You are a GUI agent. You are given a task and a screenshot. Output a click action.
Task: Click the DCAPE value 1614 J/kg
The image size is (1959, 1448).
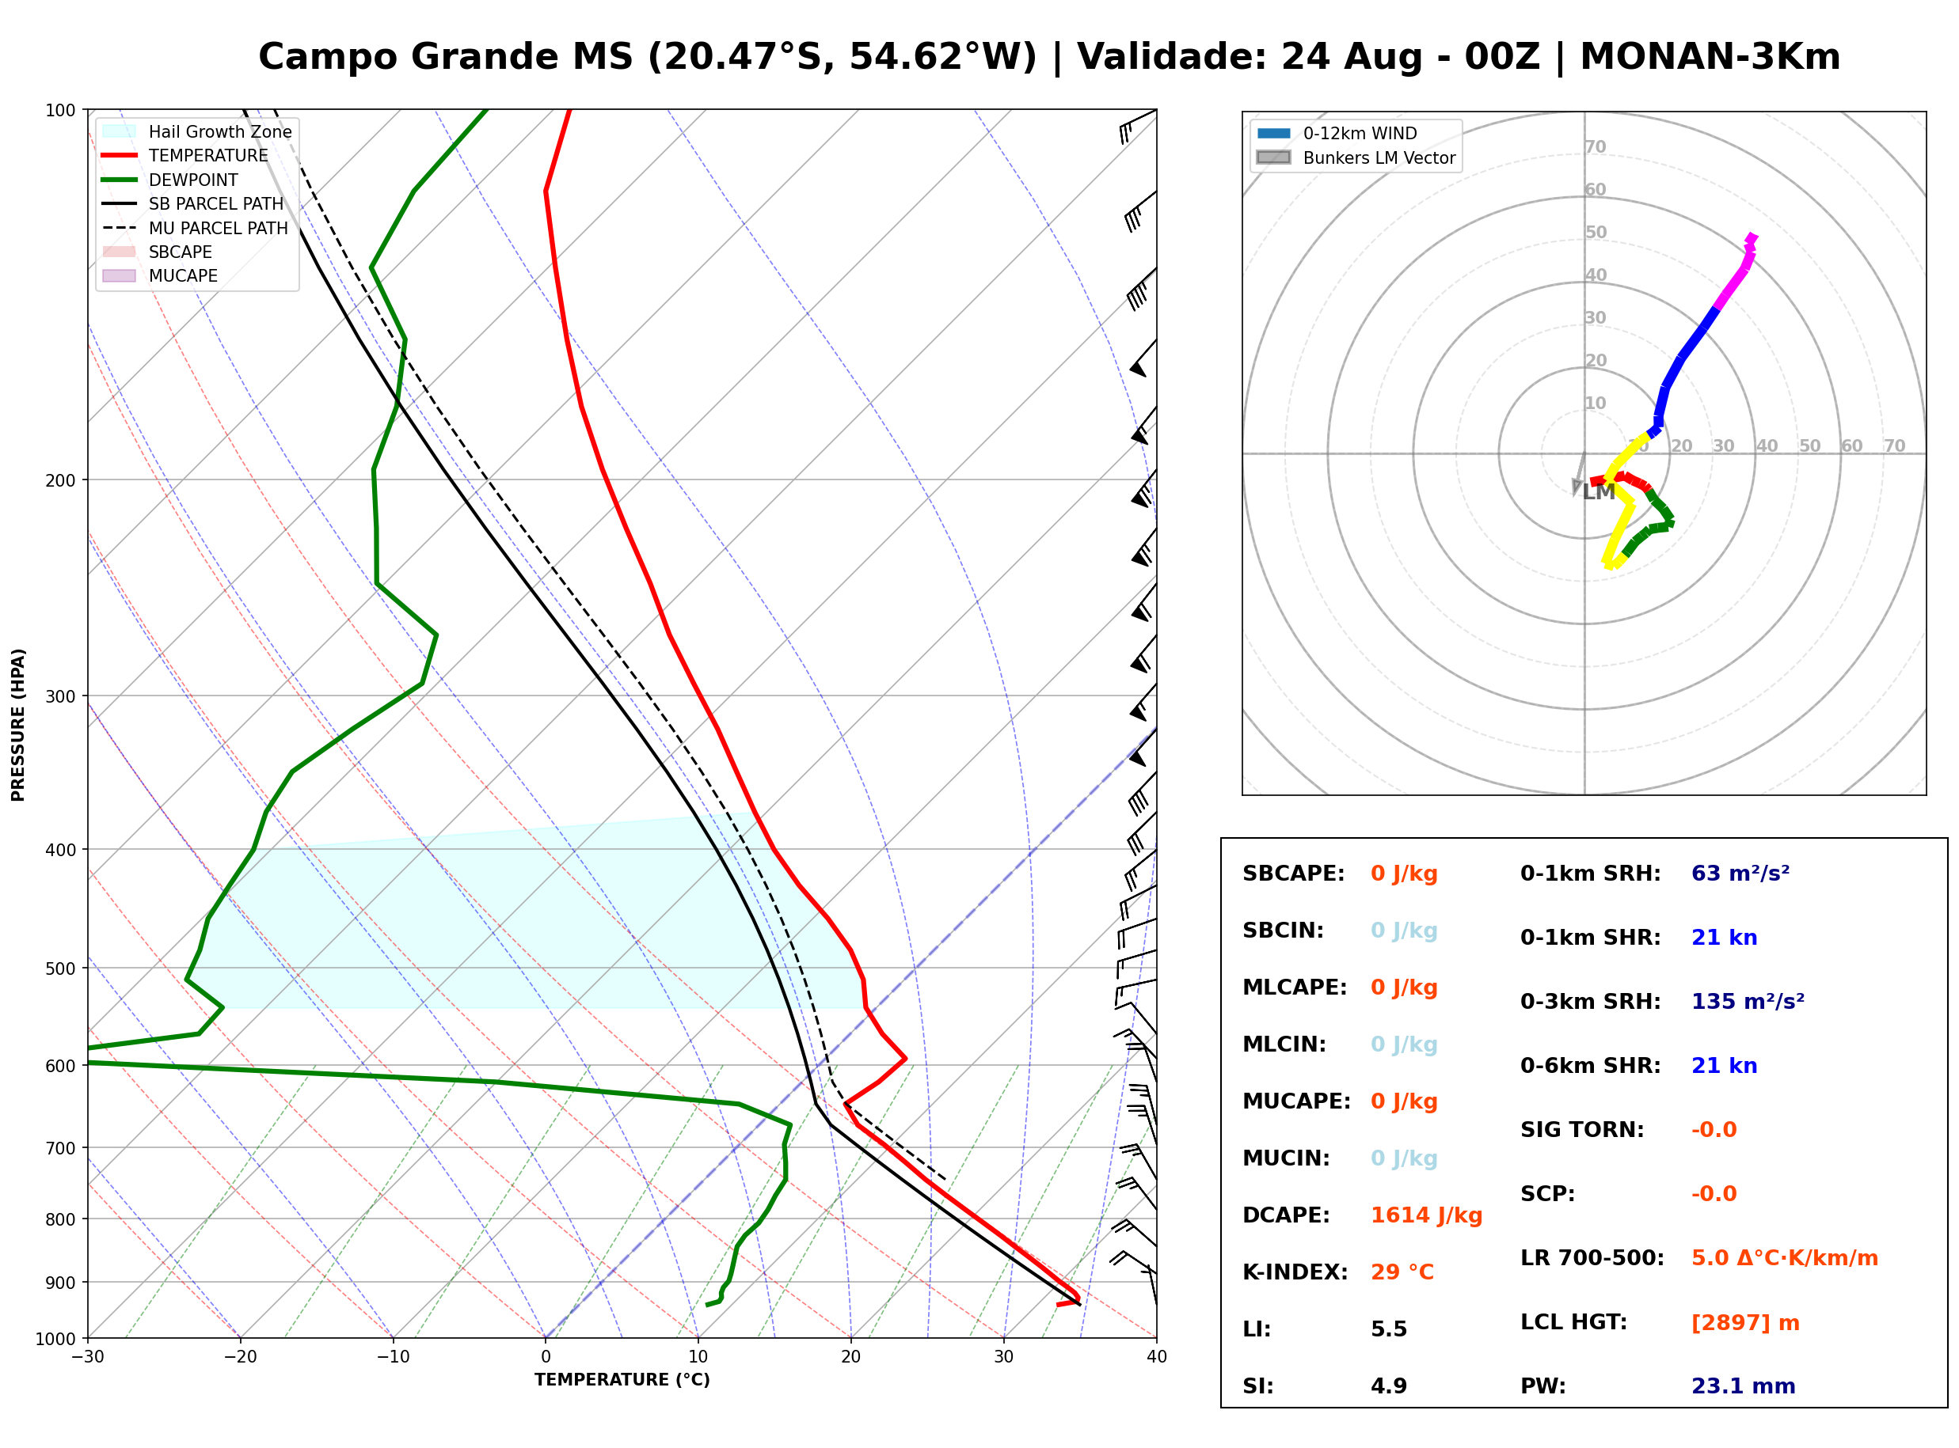pyautogui.click(x=1426, y=1215)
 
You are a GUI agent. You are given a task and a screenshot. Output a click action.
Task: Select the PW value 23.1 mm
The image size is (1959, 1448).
pyautogui.click(x=1744, y=1386)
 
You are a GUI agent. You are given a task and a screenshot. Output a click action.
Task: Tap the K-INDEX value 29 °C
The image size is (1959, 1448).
pyautogui.click(x=1402, y=1272)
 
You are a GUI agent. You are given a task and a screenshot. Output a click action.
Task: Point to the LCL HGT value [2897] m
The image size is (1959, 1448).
pyautogui.click(x=1745, y=1323)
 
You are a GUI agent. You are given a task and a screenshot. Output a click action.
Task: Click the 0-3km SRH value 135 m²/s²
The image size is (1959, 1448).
pyautogui.click(x=1748, y=1001)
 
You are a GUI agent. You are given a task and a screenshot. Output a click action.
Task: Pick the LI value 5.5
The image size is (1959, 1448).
pyautogui.click(x=1389, y=1329)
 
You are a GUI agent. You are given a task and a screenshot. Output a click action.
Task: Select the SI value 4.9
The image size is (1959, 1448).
pyautogui.click(x=1389, y=1386)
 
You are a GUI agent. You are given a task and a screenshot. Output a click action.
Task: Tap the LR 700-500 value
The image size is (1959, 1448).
pyautogui.click(x=1785, y=1259)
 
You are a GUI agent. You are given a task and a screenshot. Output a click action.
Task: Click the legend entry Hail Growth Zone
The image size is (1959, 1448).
pyautogui.click(x=220, y=131)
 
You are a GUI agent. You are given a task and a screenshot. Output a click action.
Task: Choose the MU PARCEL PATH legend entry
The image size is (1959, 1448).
pyautogui.click(x=219, y=228)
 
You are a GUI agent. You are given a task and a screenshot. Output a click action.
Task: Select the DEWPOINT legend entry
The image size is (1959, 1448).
pyautogui.click(x=193, y=180)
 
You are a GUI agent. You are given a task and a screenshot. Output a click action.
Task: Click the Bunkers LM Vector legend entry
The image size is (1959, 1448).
pyautogui.click(x=1379, y=157)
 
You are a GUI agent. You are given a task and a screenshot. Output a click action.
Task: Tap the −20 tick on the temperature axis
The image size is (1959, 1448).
pyautogui.click(x=240, y=1357)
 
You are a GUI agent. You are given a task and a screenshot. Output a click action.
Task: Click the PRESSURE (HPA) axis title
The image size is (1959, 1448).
pyautogui.click(x=18, y=725)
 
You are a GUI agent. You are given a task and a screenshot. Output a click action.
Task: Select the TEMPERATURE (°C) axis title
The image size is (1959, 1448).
pyautogui.click(x=622, y=1380)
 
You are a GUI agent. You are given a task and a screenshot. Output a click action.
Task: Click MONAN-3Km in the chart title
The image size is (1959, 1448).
pyautogui.click(x=1710, y=57)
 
